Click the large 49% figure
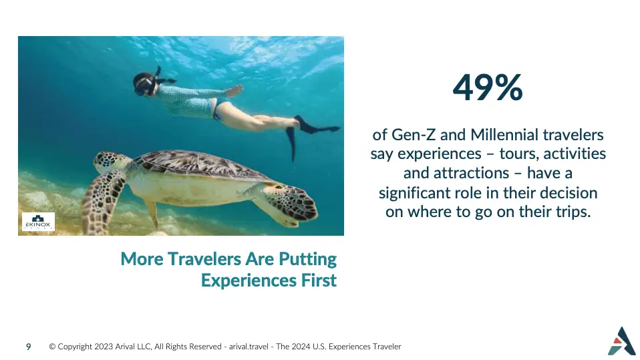[488, 87]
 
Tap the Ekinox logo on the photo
[38, 222]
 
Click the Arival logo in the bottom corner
[622, 341]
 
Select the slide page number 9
[28, 347]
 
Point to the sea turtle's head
[107, 162]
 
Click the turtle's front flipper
[102, 200]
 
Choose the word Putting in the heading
[307, 260]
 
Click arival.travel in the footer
[248, 347]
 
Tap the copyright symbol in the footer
[52, 347]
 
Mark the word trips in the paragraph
[573, 212]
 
